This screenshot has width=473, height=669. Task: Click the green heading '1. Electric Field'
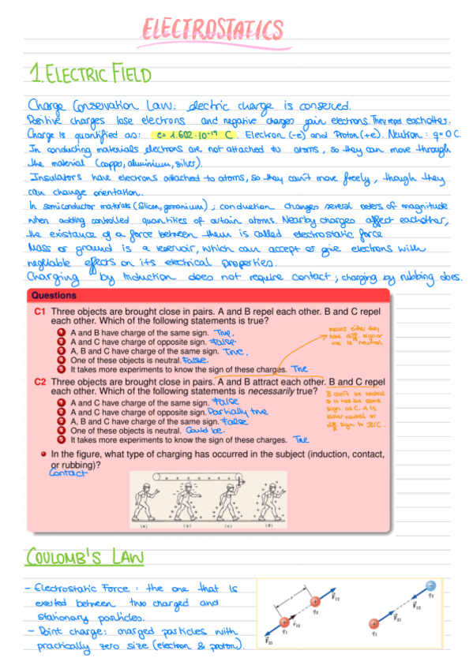tap(89, 76)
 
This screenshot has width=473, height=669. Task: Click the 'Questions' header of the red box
tap(54, 296)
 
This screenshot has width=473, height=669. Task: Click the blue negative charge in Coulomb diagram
tap(430, 585)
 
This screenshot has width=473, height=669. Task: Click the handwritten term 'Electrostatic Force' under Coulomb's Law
tap(76, 589)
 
